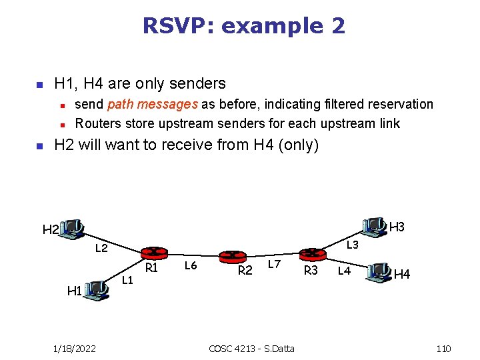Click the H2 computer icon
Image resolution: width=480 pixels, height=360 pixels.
pos(72,228)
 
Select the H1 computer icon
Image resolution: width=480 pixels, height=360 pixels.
pos(98,289)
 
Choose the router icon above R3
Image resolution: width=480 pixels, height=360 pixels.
pos(311,254)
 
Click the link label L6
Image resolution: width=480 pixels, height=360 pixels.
pos(191,266)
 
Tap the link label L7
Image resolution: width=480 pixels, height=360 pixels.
pos(274,265)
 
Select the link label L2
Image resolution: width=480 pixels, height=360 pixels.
pos(101,249)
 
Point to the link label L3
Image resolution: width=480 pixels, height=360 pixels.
pos(353,245)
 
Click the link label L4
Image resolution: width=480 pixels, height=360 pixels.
pos(344,271)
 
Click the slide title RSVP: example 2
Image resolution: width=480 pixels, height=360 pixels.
pos(243,26)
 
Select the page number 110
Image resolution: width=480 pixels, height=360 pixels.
pos(443,349)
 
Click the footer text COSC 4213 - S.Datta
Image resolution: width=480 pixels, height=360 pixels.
pos(251,349)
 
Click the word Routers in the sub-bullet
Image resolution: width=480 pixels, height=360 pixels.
pos(98,123)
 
